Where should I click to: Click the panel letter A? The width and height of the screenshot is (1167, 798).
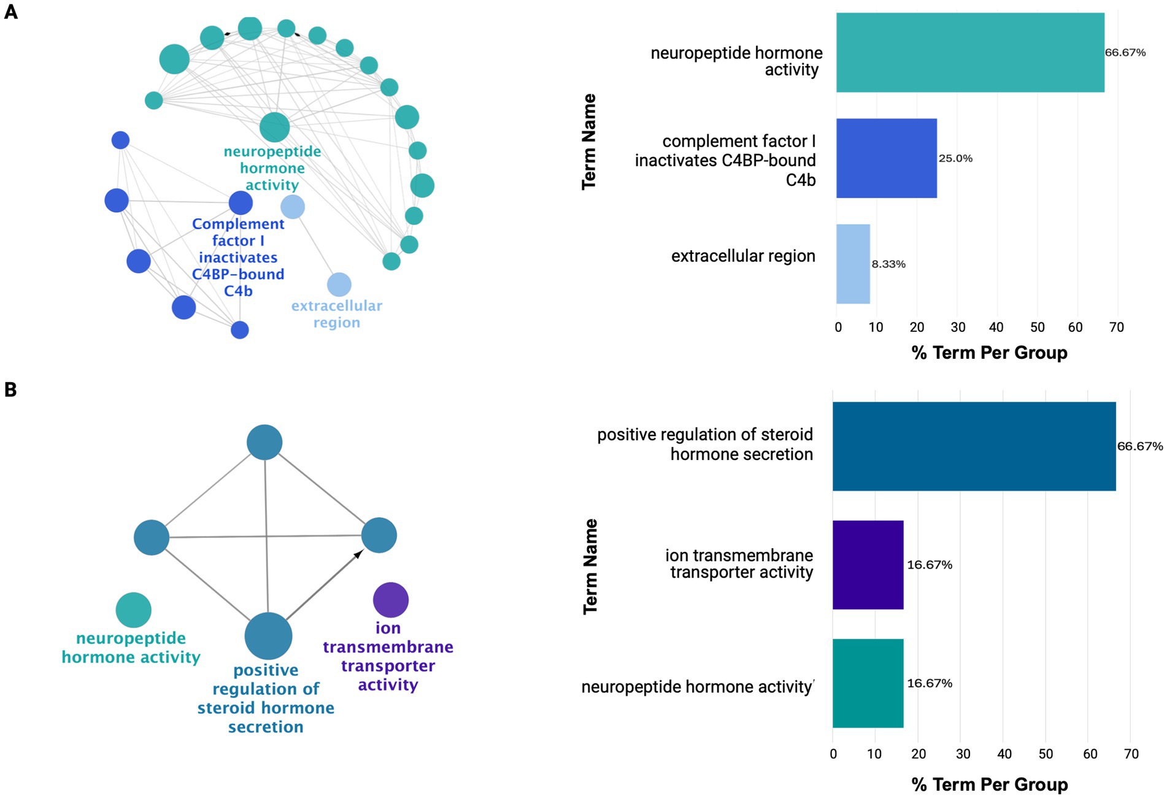11,12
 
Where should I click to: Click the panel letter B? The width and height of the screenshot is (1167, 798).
10,389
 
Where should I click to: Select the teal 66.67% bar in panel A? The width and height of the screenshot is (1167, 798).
969,53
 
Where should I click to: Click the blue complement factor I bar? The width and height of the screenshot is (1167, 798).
886,158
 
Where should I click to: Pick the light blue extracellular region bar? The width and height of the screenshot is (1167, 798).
853,264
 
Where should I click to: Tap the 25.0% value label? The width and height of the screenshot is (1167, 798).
955,158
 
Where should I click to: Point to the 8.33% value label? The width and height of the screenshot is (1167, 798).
888,264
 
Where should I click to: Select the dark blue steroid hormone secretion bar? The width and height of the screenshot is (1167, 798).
974,446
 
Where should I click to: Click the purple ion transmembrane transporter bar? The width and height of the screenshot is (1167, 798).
868,565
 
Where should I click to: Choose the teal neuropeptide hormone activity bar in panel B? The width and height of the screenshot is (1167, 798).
868,683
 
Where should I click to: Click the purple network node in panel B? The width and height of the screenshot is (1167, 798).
391,600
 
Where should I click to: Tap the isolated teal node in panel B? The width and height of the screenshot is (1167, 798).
133,610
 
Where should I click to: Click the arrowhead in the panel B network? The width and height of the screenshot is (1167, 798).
358,554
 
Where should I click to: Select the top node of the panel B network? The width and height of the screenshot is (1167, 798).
264,442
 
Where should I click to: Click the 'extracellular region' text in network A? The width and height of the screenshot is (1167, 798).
337,314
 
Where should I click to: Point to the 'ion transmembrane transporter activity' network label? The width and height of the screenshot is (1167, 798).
388,656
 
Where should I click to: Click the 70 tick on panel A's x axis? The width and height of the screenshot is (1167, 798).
1117,328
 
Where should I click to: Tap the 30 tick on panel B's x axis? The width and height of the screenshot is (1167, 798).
963,754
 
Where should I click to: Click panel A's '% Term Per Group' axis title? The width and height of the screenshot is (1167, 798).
989,353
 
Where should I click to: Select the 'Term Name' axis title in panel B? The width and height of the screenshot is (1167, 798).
590,566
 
